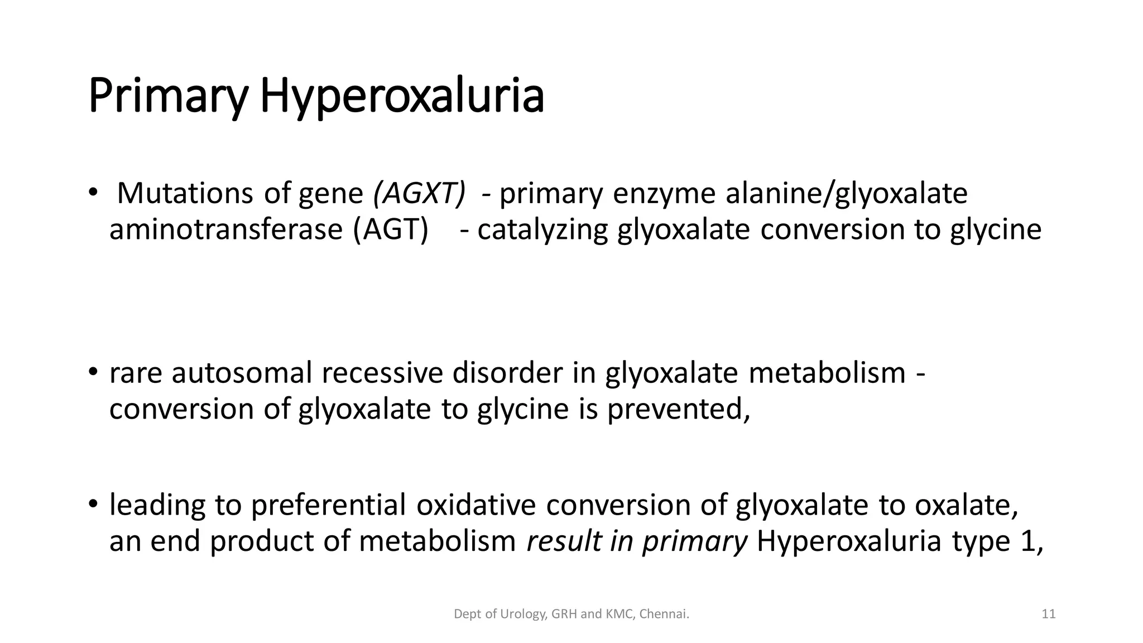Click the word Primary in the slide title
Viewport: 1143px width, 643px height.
[x=167, y=97]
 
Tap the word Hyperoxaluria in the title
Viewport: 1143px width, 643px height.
[x=402, y=97]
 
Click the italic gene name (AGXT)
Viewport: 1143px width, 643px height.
[x=419, y=194]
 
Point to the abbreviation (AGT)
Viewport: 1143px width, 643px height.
[x=391, y=229]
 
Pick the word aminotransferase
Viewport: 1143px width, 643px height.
[x=225, y=229]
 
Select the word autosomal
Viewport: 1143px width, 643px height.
[x=242, y=373]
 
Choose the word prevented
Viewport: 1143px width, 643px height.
[x=678, y=409]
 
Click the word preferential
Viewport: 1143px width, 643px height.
[x=328, y=505]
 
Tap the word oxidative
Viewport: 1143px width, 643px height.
[x=476, y=505]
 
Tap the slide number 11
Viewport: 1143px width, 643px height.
[x=1049, y=615]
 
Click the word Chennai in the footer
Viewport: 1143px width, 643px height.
[x=664, y=615]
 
